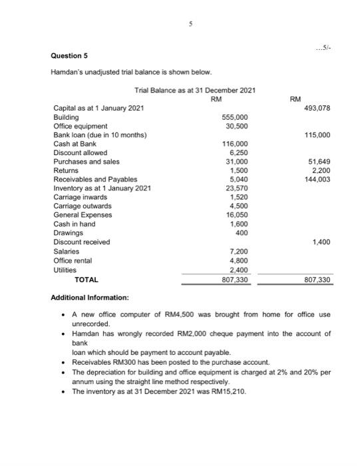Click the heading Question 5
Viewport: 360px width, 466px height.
pos(71,56)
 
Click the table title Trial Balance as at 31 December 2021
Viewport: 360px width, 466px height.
pos(195,90)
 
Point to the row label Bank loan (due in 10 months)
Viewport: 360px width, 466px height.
pos(100,134)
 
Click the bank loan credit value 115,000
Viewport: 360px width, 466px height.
pos(319,134)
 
